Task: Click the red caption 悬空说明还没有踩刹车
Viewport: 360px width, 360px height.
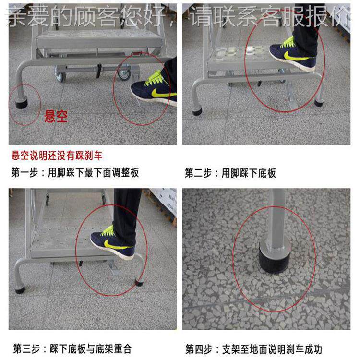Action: [x=57, y=156]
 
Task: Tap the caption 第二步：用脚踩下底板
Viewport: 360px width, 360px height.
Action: [x=230, y=173]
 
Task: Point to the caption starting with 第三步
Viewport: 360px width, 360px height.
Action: [x=72, y=348]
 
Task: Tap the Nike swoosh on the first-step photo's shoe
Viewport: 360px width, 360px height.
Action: [x=161, y=93]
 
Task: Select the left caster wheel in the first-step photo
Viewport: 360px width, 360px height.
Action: [x=60, y=74]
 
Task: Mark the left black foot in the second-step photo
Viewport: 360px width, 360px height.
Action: [x=197, y=112]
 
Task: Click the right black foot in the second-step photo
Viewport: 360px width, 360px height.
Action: [x=319, y=102]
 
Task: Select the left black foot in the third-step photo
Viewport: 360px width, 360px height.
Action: [x=20, y=289]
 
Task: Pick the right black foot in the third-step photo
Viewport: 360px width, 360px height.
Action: [x=138, y=282]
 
